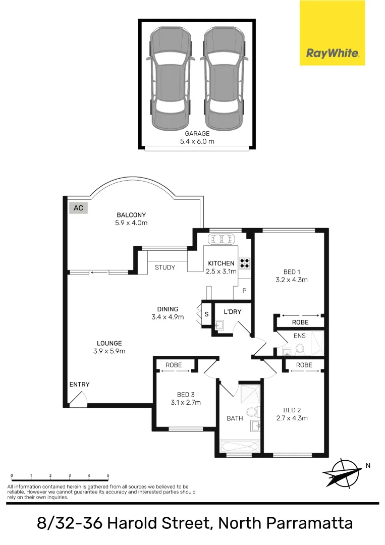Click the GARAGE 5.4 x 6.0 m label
pyautogui.click(x=197, y=137)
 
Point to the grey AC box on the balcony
pyautogui.click(x=78, y=207)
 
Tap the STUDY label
pyautogui.click(x=165, y=267)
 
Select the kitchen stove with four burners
pyautogui.click(x=245, y=262)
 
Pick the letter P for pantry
pyautogui.click(x=244, y=291)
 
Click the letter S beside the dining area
pyautogui.click(x=206, y=314)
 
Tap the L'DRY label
pyautogui.click(x=233, y=312)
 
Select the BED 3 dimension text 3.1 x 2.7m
pyautogui.click(x=186, y=402)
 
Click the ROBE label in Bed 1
pyautogui.click(x=300, y=322)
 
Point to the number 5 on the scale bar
pyautogui.click(x=108, y=475)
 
